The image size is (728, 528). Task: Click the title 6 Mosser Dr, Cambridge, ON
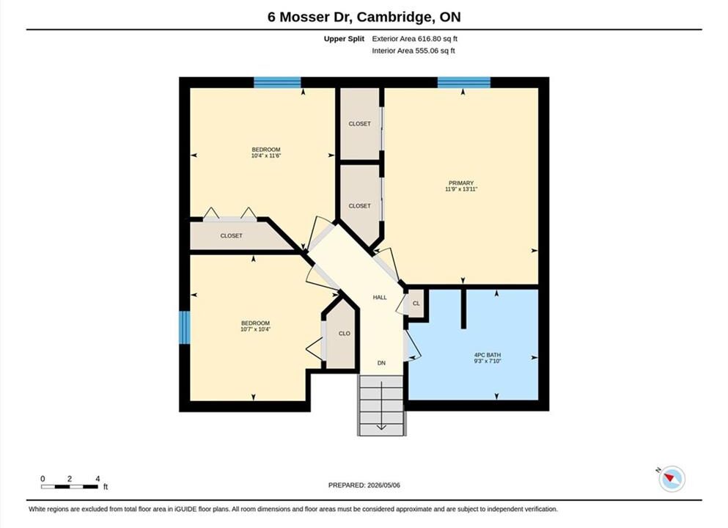point(364,17)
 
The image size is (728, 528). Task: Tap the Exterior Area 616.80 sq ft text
point(415,39)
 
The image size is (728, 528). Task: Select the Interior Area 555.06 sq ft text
point(413,51)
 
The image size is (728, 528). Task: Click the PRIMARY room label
point(461,183)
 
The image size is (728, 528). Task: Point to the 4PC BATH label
point(488,355)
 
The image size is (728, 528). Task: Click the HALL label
point(380,297)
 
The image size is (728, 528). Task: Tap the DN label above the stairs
point(381,363)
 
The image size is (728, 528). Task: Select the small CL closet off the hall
point(416,304)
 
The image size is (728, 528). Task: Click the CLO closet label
point(345,334)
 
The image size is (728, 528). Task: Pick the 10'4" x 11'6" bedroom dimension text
point(266,155)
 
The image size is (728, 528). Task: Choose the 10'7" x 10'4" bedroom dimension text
point(255,329)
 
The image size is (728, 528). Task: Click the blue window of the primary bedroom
point(464,83)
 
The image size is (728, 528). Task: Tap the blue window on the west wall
point(185,327)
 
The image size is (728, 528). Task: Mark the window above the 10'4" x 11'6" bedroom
point(277,83)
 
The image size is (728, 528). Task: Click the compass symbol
point(672,478)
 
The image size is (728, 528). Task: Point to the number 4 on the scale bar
point(98,479)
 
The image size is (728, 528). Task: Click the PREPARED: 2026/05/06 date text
point(364,485)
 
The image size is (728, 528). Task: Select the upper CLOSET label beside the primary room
point(360,123)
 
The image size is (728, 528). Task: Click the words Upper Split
point(344,39)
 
